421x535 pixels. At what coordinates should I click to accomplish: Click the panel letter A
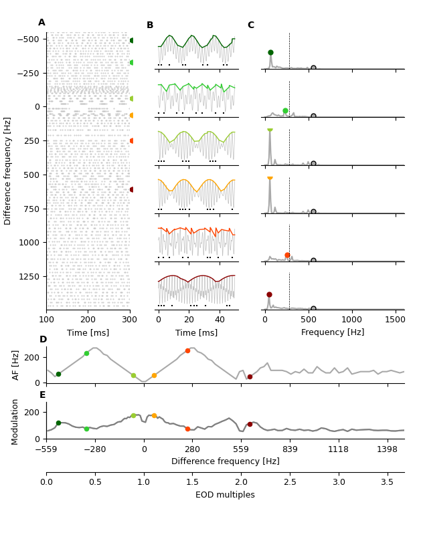41,23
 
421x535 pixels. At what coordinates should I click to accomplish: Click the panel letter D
43,340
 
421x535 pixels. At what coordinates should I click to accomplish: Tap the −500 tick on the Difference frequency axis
29,39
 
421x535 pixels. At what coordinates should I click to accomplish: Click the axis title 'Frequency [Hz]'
333,332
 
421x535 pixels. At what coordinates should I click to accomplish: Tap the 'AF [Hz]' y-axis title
16,365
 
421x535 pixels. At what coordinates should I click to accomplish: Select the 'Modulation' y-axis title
16,421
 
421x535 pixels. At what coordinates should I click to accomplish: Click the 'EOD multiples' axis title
225,495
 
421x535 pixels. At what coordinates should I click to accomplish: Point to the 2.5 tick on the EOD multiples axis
290,481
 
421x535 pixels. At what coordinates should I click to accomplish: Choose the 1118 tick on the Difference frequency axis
339,449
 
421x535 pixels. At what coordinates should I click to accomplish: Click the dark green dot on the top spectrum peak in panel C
270,52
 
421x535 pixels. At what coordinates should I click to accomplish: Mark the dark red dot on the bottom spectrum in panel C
269,294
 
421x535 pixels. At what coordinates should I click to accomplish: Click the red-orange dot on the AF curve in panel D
187,350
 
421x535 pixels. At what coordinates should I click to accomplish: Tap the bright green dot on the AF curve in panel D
86,353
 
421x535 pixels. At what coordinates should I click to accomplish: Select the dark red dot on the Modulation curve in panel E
250,424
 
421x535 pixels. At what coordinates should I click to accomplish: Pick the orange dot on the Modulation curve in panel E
154,415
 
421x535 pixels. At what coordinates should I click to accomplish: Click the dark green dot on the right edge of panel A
132,40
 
